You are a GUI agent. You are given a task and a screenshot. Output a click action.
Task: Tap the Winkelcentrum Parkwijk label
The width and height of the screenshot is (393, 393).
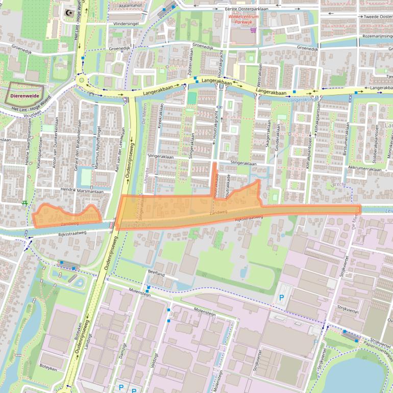click(x=244, y=20)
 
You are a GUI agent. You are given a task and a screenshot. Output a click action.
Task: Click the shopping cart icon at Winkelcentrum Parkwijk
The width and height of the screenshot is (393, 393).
click(x=252, y=29)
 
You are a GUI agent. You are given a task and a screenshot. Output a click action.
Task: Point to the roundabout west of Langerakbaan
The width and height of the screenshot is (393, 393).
click(x=81, y=80)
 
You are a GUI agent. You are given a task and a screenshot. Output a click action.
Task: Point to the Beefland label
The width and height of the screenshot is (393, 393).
click(x=157, y=274)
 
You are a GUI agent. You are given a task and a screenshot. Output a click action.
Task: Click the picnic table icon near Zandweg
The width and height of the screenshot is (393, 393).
click(x=24, y=203)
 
